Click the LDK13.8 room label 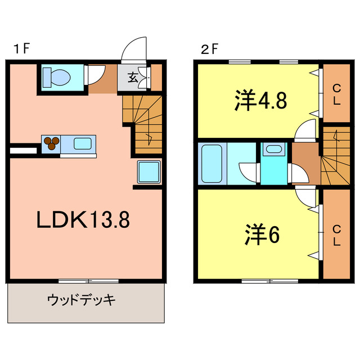tap(83, 219)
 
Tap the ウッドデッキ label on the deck tap(82, 299)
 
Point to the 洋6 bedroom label tap(262, 236)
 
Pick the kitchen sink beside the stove tap(82, 143)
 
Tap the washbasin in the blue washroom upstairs tap(274, 150)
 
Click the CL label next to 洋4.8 tap(336, 94)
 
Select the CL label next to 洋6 tap(336, 235)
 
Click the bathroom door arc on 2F tap(247, 172)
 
